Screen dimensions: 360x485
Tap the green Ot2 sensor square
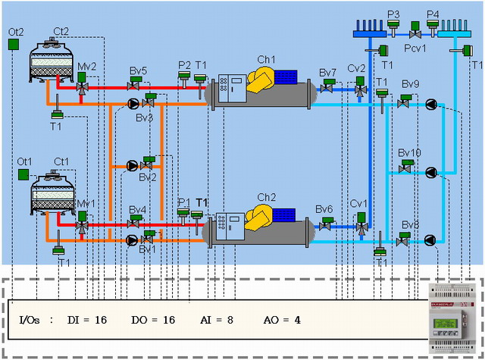pyautogui.click(x=14, y=44)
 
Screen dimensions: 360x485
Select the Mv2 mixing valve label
pyautogui.click(x=86, y=67)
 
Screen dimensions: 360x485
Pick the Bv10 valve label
pyautogui.click(x=409, y=153)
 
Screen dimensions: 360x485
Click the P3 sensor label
pyautogui.click(x=393, y=14)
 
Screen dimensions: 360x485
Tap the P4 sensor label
pyautogui.click(x=433, y=14)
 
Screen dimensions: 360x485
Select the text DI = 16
pyautogui.click(x=86, y=320)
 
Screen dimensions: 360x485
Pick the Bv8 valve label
pyautogui.click(x=410, y=224)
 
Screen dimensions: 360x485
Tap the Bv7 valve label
pyautogui.click(x=327, y=73)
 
